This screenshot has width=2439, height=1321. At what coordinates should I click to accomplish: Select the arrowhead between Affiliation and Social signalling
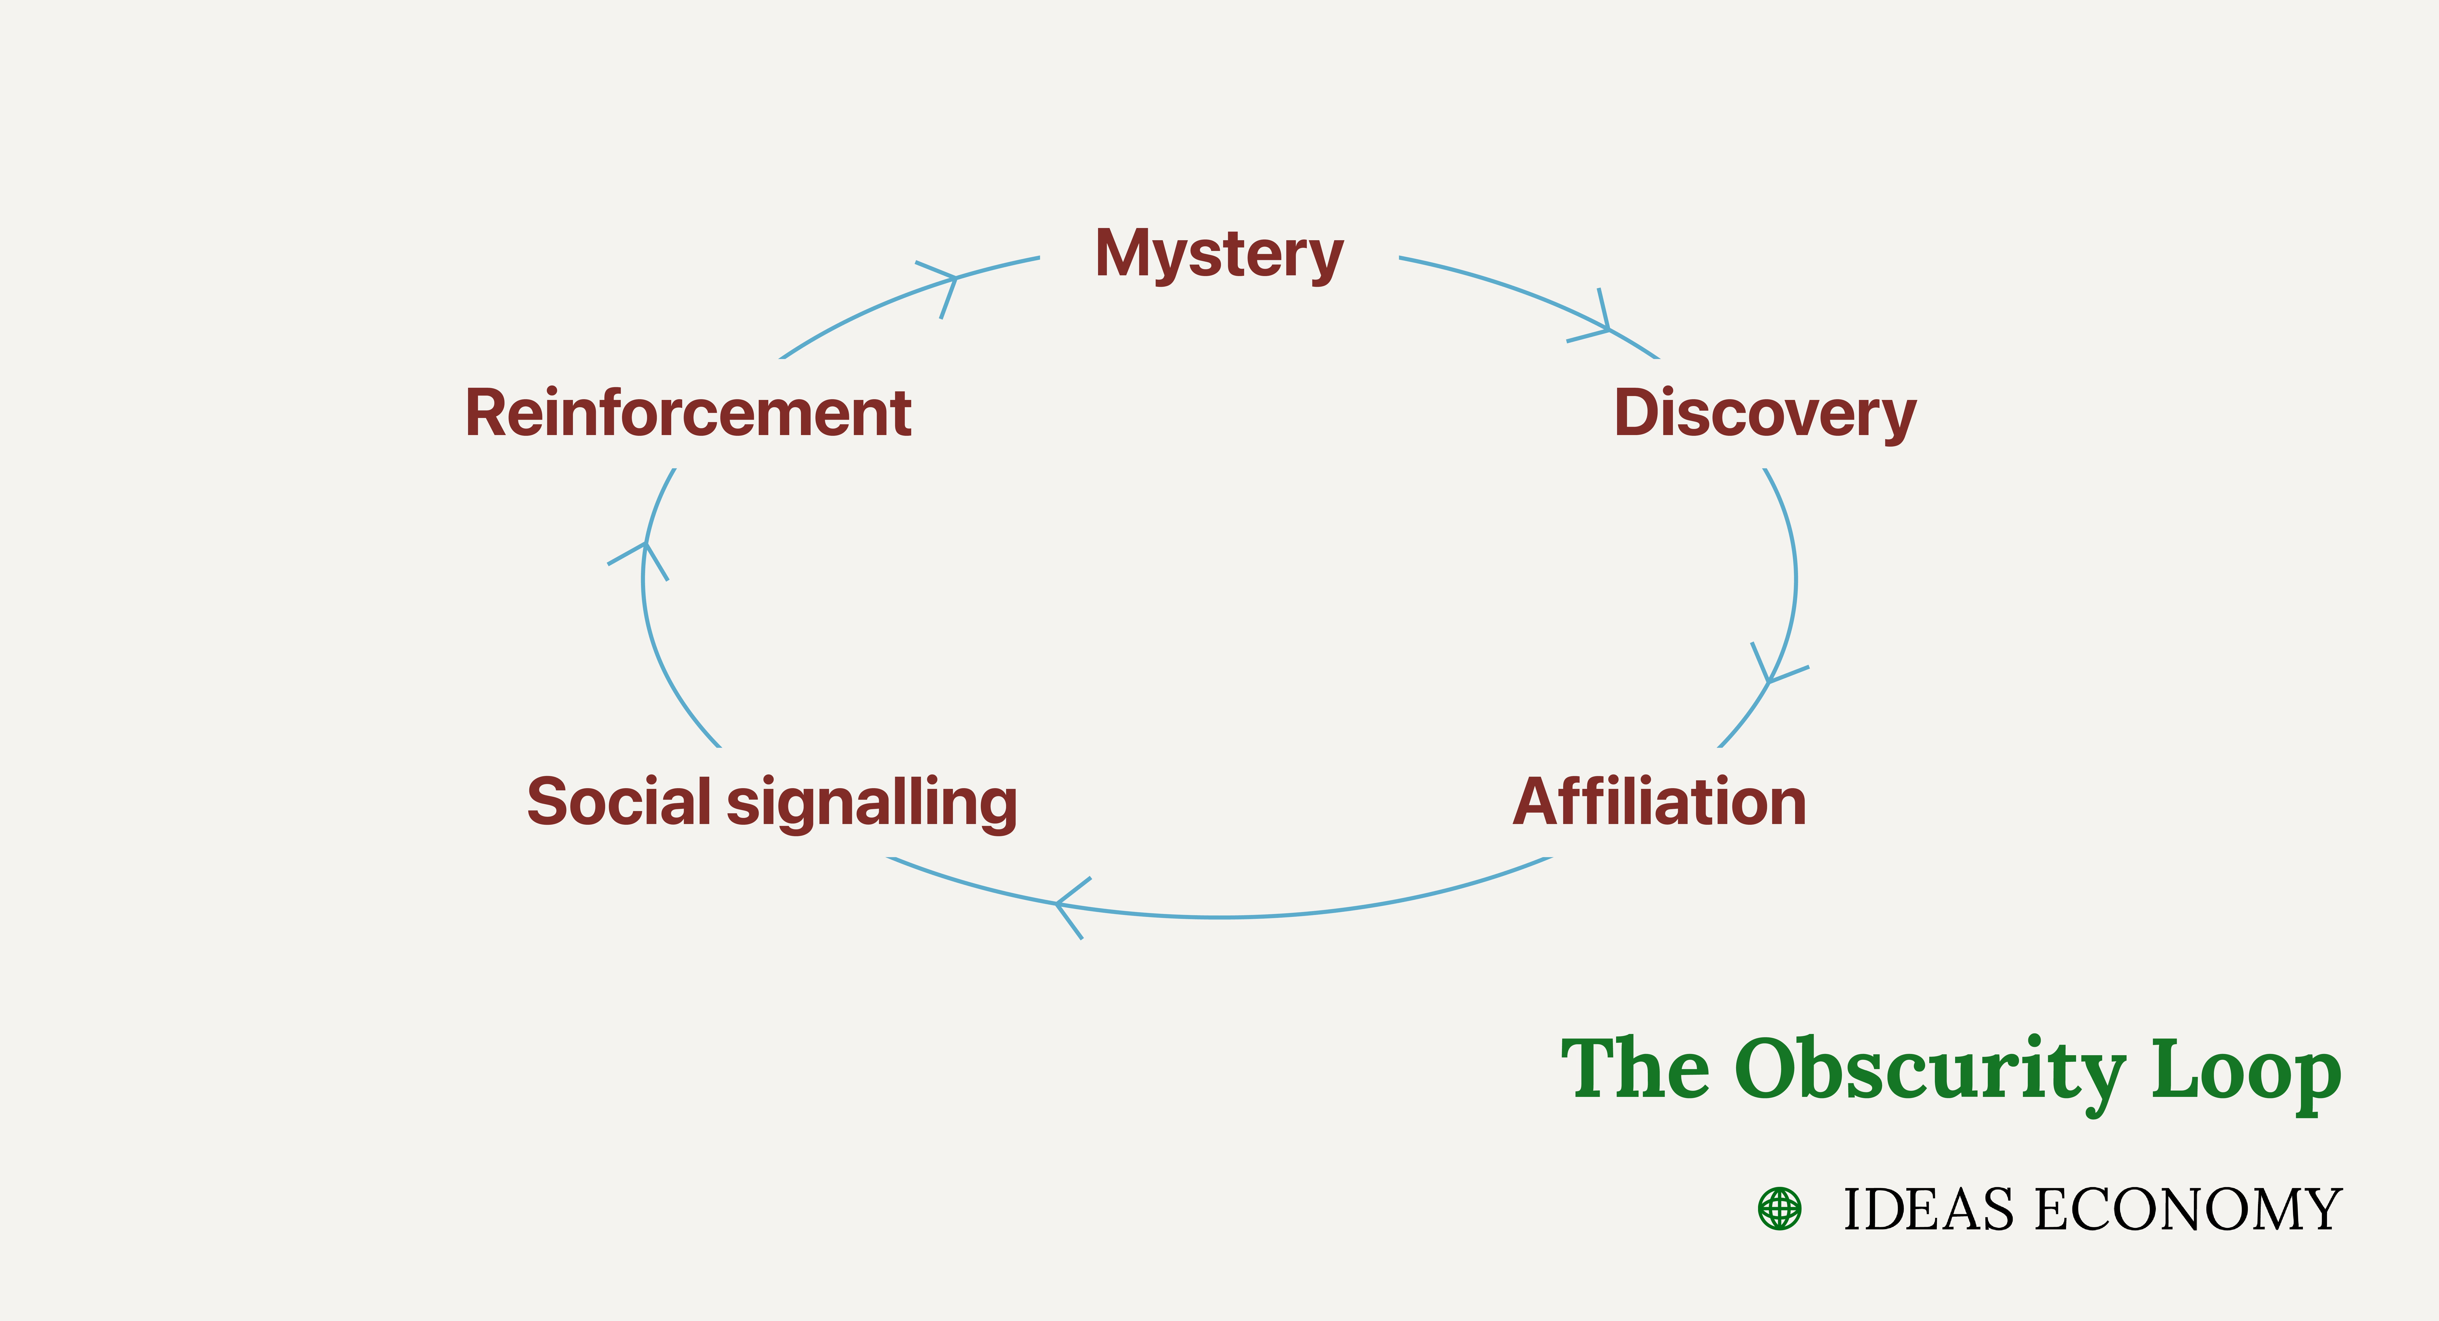1065,904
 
